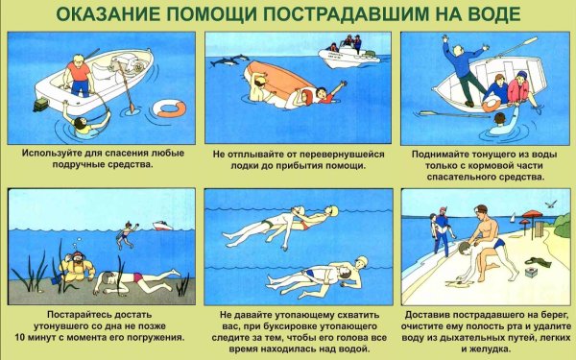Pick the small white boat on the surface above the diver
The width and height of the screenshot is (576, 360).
pyautogui.click(x=160, y=227)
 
